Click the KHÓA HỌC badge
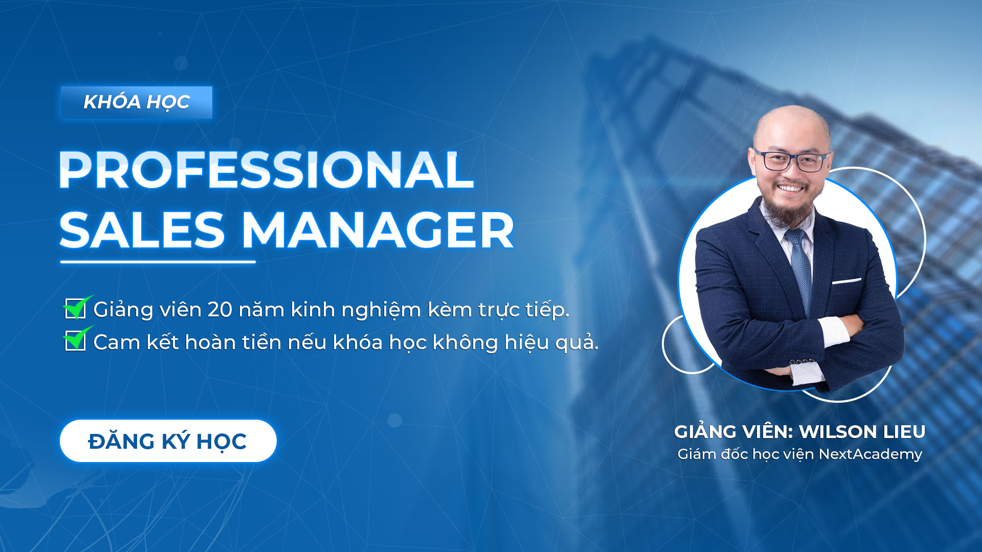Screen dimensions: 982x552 point(137,102)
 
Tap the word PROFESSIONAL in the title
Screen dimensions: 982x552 point(266,170)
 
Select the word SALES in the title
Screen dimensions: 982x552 point(143,231)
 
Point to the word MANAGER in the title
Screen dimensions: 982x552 point(377,231)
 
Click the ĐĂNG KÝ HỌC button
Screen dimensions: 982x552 point(168,441)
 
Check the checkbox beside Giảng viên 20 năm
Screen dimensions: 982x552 point(75,309)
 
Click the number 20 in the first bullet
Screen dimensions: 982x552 point(220,310)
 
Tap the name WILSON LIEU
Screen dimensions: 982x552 point(862,432)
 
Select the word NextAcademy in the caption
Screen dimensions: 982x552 point(871,454)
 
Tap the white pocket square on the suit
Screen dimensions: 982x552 point(846,281)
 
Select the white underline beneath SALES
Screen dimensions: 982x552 point(158,262)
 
